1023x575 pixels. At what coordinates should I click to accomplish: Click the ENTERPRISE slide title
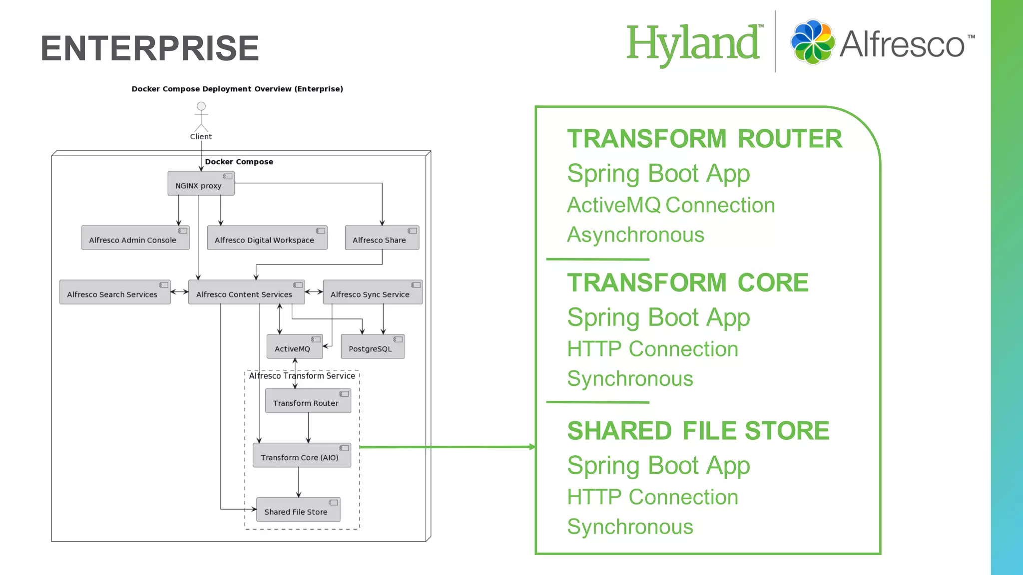150,48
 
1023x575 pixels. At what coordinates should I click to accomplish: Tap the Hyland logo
693,44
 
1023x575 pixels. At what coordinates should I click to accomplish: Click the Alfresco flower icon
812,42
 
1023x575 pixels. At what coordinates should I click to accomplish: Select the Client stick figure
201,117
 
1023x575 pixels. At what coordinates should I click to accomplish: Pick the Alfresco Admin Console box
135,238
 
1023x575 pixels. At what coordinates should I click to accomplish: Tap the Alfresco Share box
382,238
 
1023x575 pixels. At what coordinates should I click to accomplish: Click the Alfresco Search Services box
115,292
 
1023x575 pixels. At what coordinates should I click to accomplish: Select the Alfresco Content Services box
246,292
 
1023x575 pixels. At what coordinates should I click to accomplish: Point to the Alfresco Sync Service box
373,292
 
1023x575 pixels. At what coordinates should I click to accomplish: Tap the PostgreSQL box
373,346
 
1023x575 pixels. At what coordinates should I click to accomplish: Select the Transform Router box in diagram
308,401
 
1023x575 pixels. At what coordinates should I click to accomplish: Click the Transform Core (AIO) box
302,455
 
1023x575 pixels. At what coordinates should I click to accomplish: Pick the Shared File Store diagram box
298,510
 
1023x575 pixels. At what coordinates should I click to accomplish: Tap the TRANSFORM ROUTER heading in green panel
704,139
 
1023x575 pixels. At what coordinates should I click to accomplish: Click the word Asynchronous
635,235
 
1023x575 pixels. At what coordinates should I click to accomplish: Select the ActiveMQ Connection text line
671,205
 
